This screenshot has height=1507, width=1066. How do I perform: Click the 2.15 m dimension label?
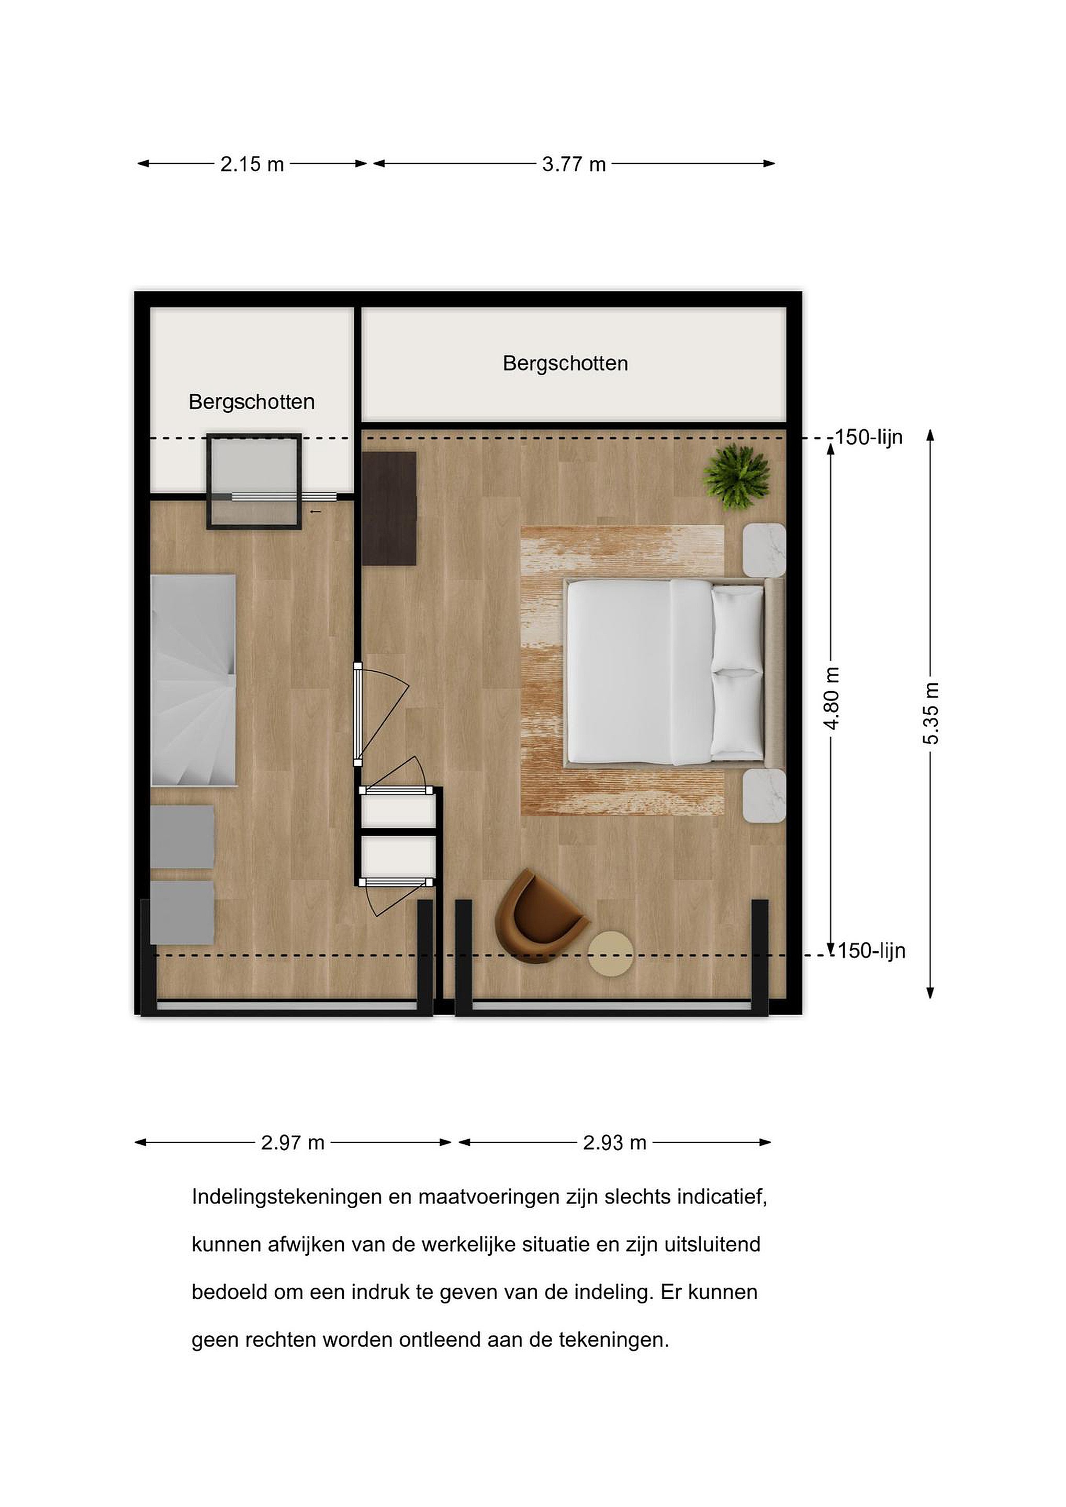pos(252,164)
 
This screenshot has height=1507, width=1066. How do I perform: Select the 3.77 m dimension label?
pos(574,164)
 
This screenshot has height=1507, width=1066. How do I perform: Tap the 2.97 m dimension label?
pos(293,1143)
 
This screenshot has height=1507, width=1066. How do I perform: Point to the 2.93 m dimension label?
pos(615,1143)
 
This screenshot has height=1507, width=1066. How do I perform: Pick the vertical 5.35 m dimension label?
pos(931,713)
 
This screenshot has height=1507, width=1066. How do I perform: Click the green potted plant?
pos(736,476)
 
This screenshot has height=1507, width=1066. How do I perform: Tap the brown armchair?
pos(540,916)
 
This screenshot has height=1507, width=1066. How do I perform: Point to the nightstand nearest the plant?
pos(764,550)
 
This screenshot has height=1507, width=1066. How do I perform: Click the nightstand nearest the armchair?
pos(764,795)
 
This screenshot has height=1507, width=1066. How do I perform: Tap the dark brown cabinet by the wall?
pos(389,508)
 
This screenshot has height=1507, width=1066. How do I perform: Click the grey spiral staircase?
pos(194,680)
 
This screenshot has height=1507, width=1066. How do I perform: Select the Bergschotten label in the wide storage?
pos(565,364)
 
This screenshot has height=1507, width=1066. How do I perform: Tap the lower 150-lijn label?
pos(871,951)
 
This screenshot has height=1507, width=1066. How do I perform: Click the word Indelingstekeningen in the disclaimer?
pos(287,1198)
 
